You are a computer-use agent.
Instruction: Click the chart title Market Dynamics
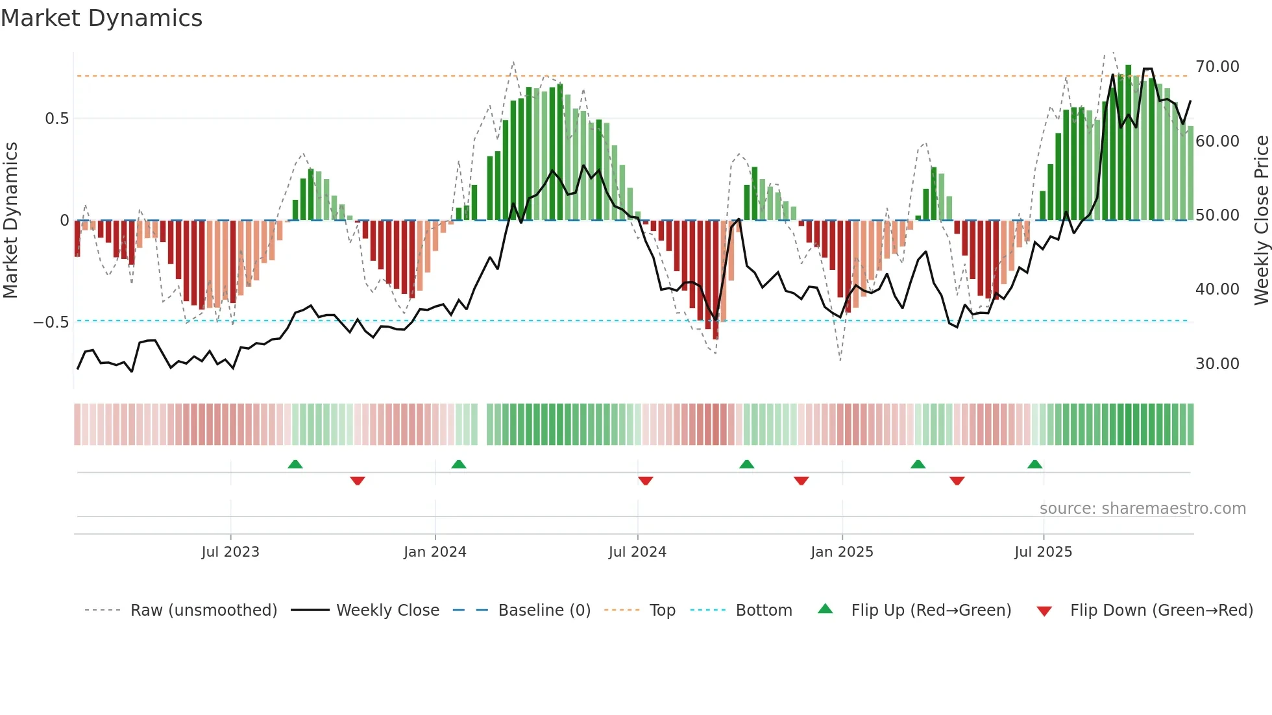101,18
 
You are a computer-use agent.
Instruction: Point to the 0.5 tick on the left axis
56,119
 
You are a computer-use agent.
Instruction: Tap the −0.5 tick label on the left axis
51,322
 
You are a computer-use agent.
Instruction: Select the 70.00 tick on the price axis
1217,67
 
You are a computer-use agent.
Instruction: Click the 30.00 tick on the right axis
1217,364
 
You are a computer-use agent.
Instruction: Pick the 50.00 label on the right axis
1217,215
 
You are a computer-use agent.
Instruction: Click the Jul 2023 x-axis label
230,552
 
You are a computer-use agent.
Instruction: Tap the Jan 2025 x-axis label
842,552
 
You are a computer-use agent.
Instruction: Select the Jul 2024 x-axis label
637,552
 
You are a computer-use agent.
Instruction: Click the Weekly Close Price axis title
1261,221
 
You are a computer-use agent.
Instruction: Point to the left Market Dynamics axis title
10,221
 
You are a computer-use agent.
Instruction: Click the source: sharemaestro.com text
1142,509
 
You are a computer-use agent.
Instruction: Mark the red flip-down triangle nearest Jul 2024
645,481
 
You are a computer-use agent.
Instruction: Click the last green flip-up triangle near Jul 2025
1034,465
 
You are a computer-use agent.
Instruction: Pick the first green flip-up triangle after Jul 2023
295,465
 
